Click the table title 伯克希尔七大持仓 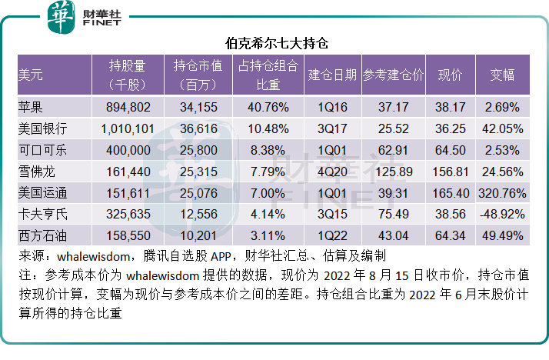(274, 42)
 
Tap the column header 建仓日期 (332, 75)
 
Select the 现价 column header (450, 75)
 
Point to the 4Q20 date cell (332, 170)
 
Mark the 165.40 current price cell (450, 191)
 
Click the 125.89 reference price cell (391, 170)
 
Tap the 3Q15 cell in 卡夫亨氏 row (332, 212)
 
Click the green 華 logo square (61, 17)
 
